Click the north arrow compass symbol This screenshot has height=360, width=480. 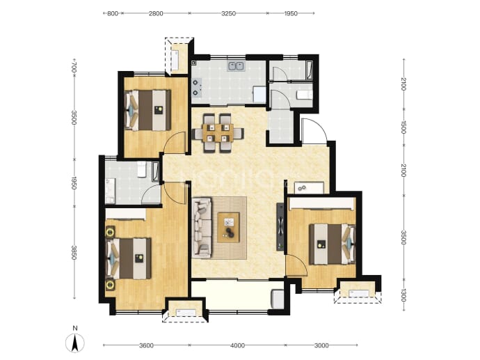tap(75, 343)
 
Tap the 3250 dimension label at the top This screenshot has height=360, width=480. tap(228, 13)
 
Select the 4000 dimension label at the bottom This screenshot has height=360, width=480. tap(237, 345)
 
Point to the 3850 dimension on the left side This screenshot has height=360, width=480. tap(74, 253)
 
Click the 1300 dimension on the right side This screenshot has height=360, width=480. tap(403, 295)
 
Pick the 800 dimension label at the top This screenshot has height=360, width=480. tap(113, 13)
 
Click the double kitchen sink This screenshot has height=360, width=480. tap(235, 66)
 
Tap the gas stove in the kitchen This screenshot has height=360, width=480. tap(196, 87)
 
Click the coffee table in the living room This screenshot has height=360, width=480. tap(228, 227)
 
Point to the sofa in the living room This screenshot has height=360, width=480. tap(202, 228)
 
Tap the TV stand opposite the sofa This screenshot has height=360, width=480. tap(281, 227)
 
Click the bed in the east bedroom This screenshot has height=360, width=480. tap(333, 244)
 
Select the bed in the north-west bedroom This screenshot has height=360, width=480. tap(148, 110)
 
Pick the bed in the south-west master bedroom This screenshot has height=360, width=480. tap(129, 258)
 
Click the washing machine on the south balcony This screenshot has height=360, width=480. tap(278, 299)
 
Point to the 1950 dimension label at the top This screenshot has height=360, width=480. tap(291, 13)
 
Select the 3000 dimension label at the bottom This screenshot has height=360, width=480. tap(321, 345)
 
